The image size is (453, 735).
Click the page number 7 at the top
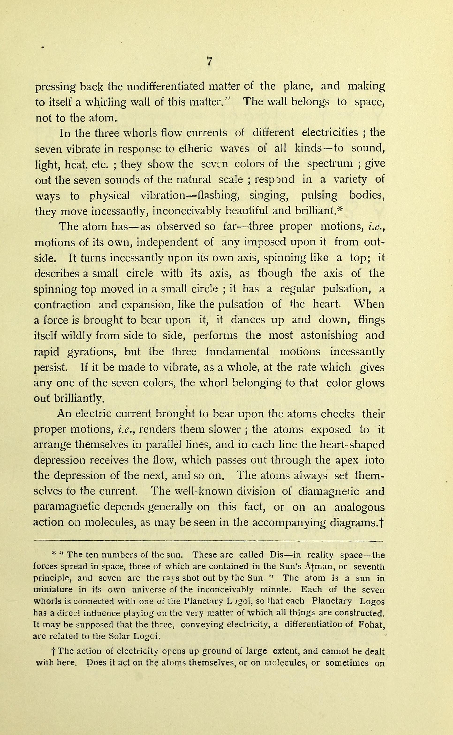pyautogui.click(x=209, y=61)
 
